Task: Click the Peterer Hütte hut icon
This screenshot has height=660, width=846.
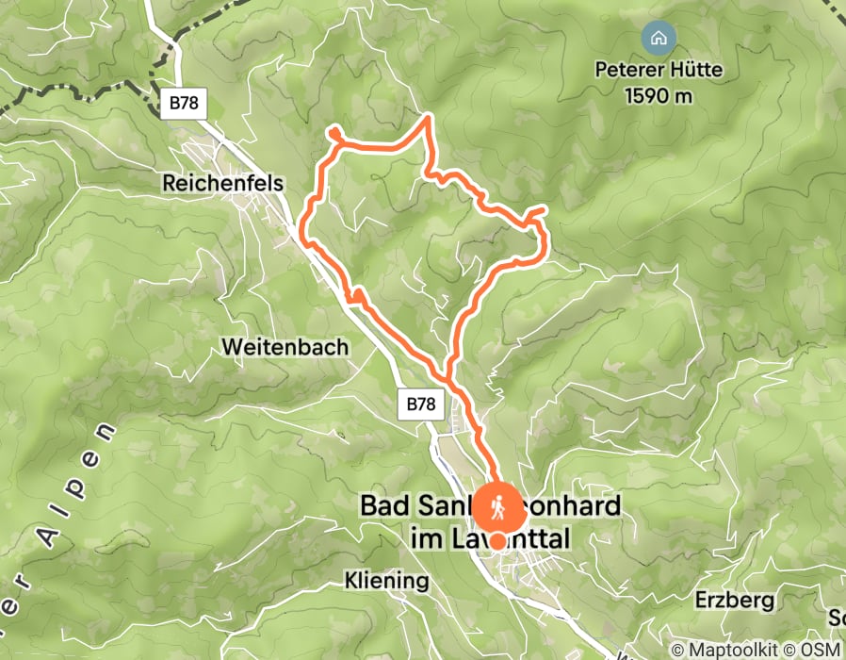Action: [658, 39]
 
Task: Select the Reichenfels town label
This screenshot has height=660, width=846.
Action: [222, 183]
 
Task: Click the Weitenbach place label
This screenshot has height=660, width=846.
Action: [285, 347]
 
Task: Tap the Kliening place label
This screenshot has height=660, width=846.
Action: [385, 580]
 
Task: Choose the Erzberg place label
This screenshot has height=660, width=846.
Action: [735, 600]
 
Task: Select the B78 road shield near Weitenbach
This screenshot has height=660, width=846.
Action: [421, 404]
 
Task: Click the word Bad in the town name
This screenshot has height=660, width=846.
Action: [384, 506]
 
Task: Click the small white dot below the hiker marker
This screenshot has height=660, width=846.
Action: [496, 541]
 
